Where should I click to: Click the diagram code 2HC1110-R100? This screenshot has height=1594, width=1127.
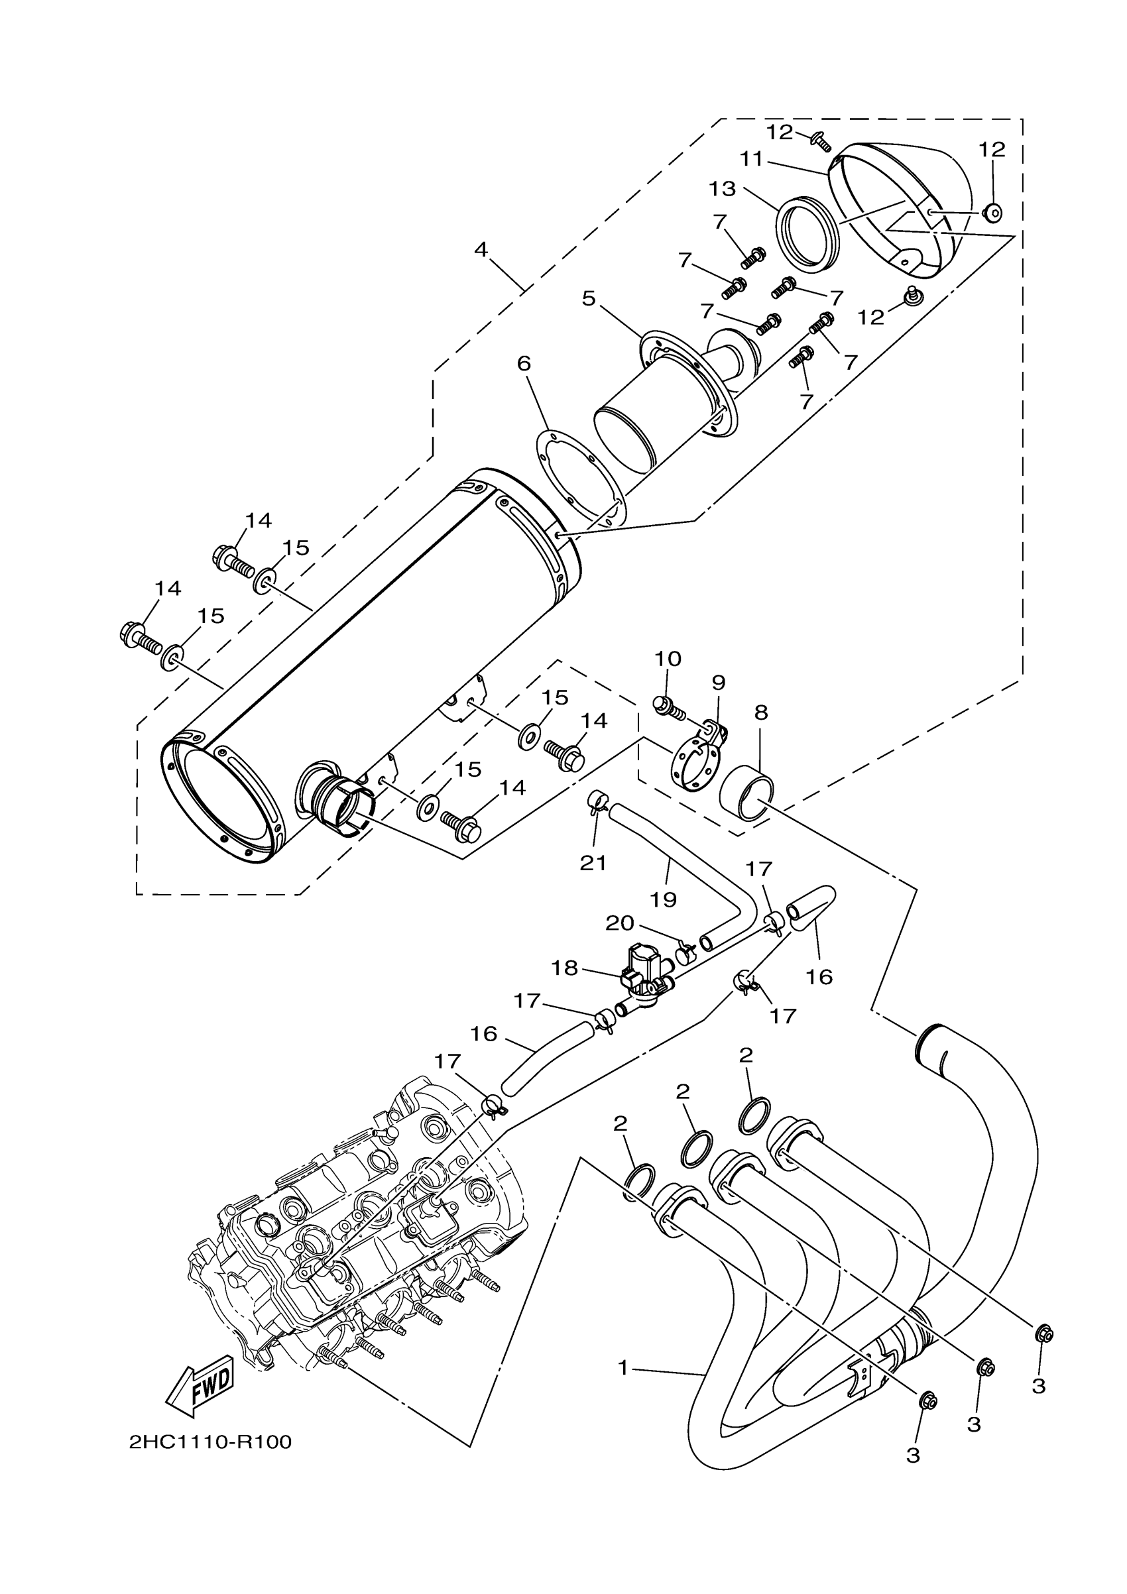pos(209,1442)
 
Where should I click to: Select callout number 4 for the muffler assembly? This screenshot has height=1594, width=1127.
pos(481,249)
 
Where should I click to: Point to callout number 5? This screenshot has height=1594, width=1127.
pos(589,298)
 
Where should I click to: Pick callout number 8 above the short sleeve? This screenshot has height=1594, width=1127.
pos(761,712)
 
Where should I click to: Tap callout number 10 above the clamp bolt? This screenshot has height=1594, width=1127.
pos(668,658)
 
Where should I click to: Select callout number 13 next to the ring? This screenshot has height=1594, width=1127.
pos(722,188)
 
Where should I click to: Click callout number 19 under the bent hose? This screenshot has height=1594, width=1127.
pos(664,900)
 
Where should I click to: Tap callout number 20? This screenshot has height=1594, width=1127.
pos(620,923)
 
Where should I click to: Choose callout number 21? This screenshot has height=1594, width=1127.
pos(593,863)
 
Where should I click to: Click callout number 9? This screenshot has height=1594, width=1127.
pos(718,683)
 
